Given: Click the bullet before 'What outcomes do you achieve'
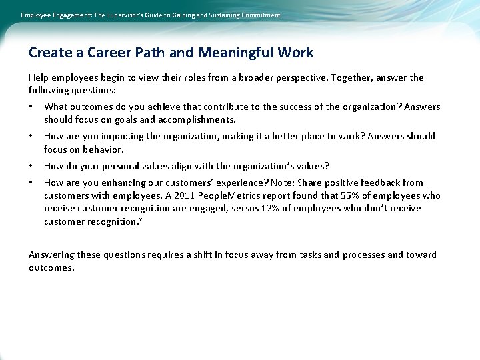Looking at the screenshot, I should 31,107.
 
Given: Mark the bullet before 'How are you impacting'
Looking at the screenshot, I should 31,137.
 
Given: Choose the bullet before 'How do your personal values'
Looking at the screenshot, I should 31,166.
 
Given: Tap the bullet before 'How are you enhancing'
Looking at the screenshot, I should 31,183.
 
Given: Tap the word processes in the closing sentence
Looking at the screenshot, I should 363,255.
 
